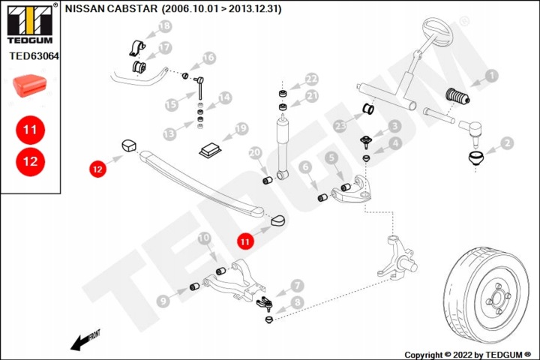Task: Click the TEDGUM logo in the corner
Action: [x=30, y=24]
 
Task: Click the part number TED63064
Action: [x=34, y=55]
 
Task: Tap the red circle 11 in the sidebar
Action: [x=30, y=130]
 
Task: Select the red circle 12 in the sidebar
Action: [x=30, y=161]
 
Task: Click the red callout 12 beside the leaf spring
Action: [x=97, y=169]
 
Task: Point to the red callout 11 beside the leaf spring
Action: [x=244, y=241]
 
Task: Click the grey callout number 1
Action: [x=491, y=76]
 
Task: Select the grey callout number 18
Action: [x=165, y=26]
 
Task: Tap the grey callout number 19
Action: [x=241, y=128]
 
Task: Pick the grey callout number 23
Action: [x=340, y=126]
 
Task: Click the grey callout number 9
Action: [x=163, y=301]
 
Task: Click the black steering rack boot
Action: [x=457, y=96]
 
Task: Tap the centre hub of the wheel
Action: [x=497, y=298]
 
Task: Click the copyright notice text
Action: [x=468, y=355]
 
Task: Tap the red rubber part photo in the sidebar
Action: [x=29, y=85]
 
